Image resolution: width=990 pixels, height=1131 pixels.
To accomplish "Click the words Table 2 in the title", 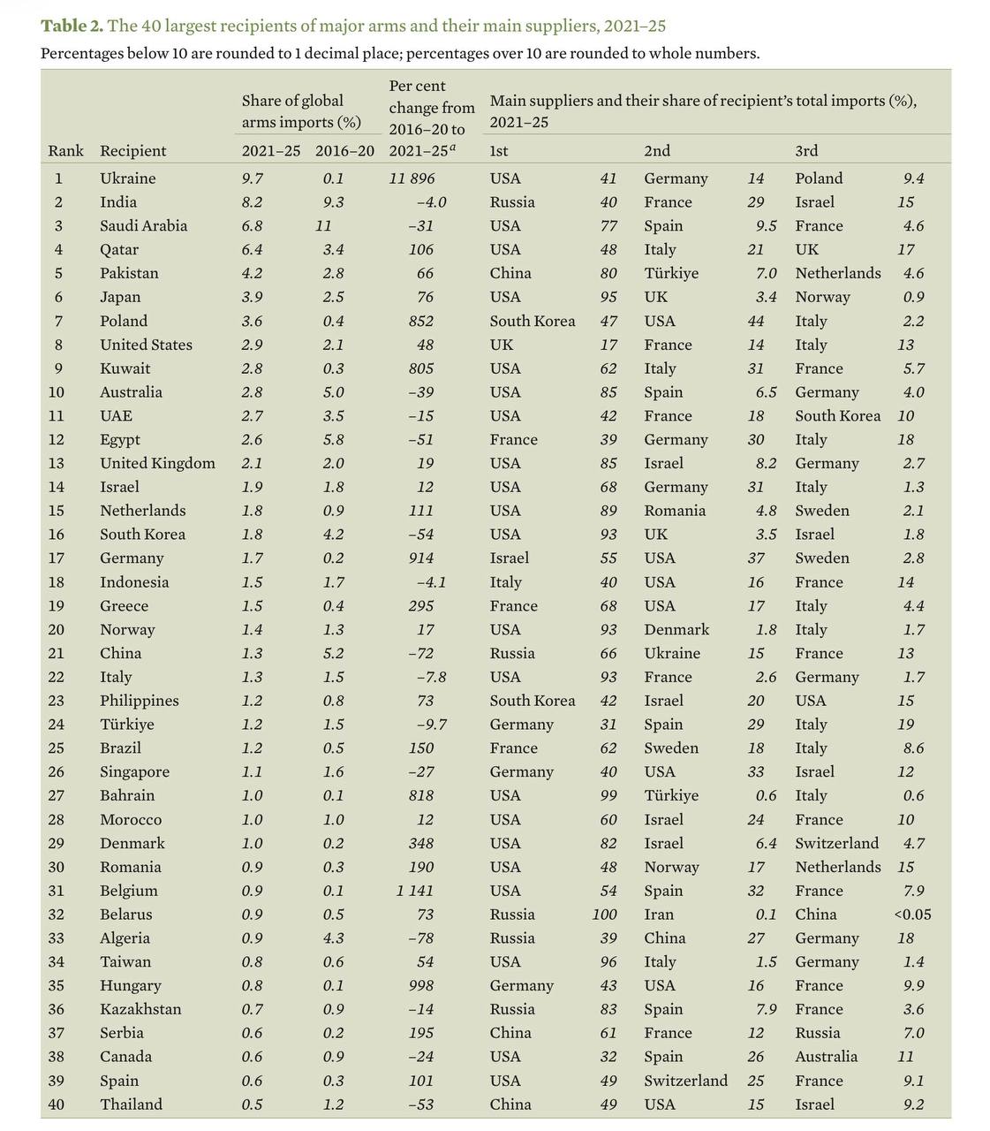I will [x=72, y=25].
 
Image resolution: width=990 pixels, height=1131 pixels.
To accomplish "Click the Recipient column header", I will [x=132, y=151].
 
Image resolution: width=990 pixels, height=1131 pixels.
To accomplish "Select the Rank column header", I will [x=65, y=151].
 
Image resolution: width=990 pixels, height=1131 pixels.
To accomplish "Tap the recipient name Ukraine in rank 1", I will [x=127, y=178].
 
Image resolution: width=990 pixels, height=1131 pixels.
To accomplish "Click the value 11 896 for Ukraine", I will [x=412, y=178].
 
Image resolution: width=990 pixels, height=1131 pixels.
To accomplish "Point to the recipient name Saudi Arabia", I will [x=143, y=226].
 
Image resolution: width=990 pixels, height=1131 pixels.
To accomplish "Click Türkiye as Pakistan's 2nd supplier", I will [x=670, y=274].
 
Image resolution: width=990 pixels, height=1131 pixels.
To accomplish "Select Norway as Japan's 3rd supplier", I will [x=822, y=298].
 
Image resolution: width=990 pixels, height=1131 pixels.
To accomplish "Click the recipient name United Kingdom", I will [x=157, y=464].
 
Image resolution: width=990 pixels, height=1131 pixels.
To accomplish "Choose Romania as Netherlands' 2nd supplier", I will [x=675, y=511].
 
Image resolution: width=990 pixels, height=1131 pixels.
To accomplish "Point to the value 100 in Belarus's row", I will [x=604, y=915].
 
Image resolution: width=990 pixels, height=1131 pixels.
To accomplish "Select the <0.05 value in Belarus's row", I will [x=911, y=915].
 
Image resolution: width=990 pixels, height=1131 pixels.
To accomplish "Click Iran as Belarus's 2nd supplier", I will [x=659, y=915].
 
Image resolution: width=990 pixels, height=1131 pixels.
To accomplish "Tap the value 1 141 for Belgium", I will [x=415, y=891].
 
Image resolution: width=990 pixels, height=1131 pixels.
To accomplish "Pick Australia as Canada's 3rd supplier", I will [x=826, y=1057].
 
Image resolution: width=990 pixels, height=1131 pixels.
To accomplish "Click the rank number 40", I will [x=56, y=1104].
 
